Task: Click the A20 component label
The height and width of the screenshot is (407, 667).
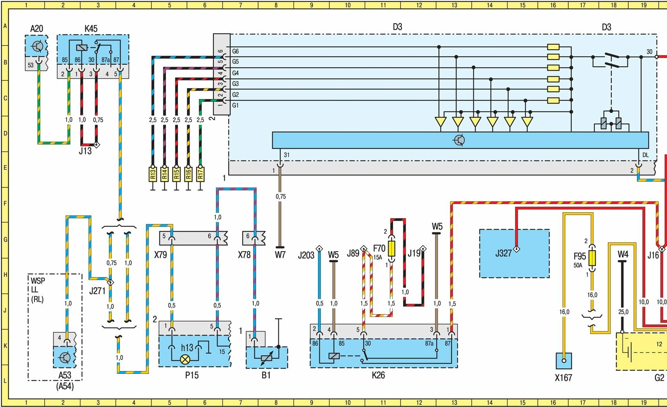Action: click(x=36, y=29)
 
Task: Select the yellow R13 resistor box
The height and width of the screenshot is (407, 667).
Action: click(x=152, y=174)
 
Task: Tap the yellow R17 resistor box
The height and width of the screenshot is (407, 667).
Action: click(x=200, y=174)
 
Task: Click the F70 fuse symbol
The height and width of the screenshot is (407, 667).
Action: click(x=392, y=249)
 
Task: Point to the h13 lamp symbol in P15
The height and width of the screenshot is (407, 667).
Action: click(x=185, y=359)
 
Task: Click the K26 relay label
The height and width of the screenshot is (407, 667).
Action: click(x=378, y=375)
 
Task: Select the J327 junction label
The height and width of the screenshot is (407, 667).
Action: click(x=503, y=254)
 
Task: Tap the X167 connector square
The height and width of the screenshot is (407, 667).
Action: click(x=564, y=361)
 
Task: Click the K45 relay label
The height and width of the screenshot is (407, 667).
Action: click(x=91, y=29)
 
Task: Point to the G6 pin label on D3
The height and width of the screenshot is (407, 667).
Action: click(x=235, y=51)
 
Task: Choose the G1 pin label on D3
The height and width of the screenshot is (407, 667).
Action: click(x=235, y=105)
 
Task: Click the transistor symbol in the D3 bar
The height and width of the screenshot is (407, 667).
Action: click(x=459, y=140)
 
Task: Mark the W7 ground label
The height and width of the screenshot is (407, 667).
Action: click(x=280, y=255)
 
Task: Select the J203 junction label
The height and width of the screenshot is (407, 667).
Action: click(x=306, y=255)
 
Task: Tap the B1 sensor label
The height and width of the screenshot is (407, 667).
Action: click(x=266, y=375)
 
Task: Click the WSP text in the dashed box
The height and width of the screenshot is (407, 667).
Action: click(x=38, y=281)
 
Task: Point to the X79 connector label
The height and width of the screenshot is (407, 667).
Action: click(x=161, y=255)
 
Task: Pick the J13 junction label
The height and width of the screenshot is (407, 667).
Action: click(x=85, y=151)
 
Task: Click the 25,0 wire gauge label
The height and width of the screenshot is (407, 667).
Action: click(x=623, y=312)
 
